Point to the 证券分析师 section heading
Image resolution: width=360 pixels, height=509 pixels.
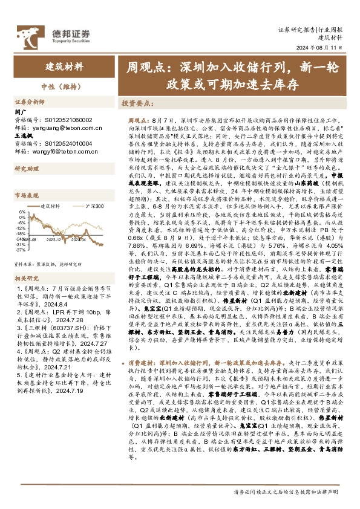(30, 102)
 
